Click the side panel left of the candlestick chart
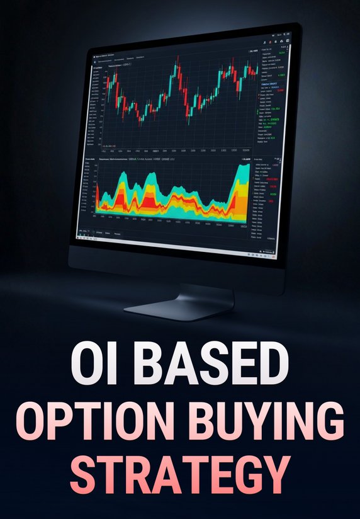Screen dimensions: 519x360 (x=94, y=101)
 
